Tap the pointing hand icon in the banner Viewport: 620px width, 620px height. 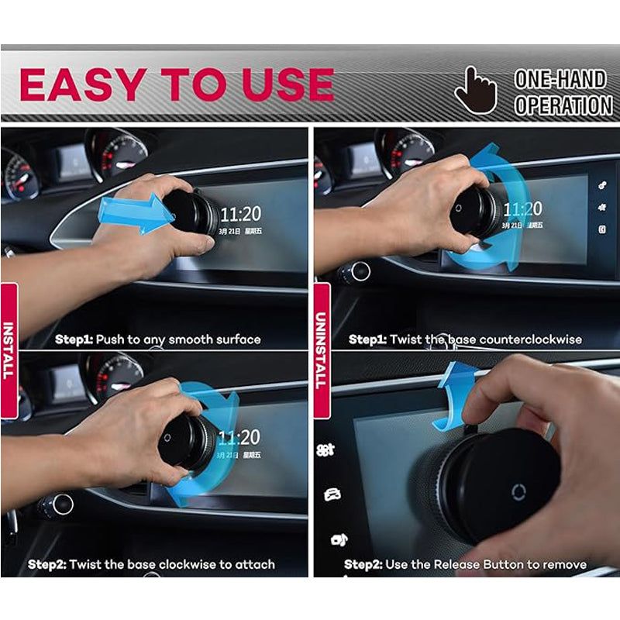[474, 90]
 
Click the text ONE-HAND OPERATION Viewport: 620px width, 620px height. [563, 92]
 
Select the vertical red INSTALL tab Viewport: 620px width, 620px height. [9, 349]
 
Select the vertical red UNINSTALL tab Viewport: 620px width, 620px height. [321, 349]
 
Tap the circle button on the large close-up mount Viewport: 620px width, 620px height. [518, 491]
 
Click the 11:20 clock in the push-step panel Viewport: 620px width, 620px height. [240, 214]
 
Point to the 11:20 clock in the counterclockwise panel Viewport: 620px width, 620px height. [522, 209]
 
